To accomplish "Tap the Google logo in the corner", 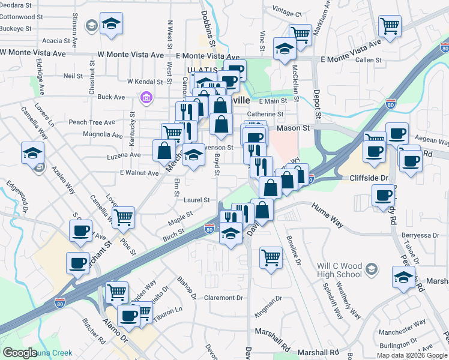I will pyautogui.click(x=20, y=353).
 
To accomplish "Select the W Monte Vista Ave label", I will pyautogui.click(x=33, y=53).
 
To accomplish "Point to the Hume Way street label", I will pyautogui.click(x=327, y=215).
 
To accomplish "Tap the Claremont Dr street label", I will pyautogui.click(x=223, y=298).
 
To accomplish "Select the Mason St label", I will pyautogui.click(x=293, y=128).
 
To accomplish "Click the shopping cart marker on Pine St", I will pyautogui.click(x=123, y=218).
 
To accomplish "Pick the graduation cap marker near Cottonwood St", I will pyautogui.click(x=111, y=24).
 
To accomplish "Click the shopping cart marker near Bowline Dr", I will pyautogui.click(x=271, y=257).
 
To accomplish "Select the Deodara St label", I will pyautogui.click(x=16, y=5).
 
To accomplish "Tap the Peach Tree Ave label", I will pyautogui.click(x=91, y=122).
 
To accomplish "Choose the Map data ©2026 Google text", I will pyautogui.click(x=411, y=355).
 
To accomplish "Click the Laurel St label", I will pyautogui.click(x=197, y=200).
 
